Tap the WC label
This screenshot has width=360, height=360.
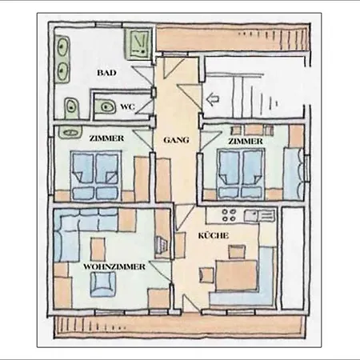tap(127, 106)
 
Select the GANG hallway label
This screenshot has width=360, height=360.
tap(176, 139)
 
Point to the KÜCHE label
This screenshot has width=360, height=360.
tap(214, 236)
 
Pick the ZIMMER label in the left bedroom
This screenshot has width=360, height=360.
tap(106, 139)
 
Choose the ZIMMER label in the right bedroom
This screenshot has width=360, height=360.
tap(245, 142)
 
